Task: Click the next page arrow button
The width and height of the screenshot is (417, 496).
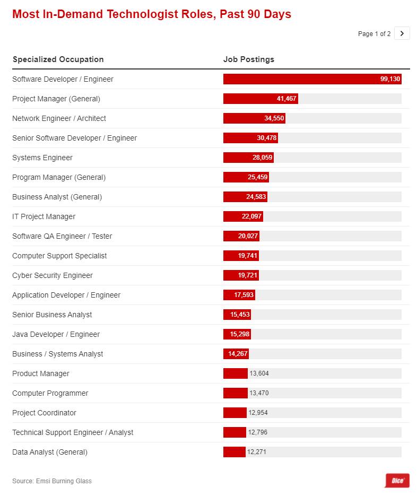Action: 402,33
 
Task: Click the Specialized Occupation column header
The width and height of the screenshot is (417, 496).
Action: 58,59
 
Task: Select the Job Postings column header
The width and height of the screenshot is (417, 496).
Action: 248,59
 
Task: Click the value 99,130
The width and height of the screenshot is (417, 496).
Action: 390,79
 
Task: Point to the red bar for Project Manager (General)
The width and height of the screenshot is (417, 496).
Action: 260,99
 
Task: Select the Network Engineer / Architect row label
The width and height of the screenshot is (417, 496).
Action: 59,118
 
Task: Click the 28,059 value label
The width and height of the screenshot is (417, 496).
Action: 262,158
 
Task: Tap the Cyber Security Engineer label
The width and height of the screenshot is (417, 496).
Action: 52,275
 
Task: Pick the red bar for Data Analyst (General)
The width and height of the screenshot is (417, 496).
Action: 234,452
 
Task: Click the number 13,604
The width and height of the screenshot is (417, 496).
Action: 259,373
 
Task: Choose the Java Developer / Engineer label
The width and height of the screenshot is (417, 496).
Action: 56,334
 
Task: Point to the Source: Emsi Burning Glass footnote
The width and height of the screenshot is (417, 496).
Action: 51,481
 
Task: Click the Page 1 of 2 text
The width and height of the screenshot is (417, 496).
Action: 374,34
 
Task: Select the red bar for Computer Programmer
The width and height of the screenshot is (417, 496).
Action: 235,393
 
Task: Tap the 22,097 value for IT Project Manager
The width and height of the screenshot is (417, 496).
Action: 251,216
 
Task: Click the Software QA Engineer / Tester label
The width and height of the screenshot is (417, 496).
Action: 62,236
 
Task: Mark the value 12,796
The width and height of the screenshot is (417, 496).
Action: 258,432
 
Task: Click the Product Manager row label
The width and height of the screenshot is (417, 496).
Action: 40,373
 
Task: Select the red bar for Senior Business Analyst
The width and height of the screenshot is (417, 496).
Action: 237,315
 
